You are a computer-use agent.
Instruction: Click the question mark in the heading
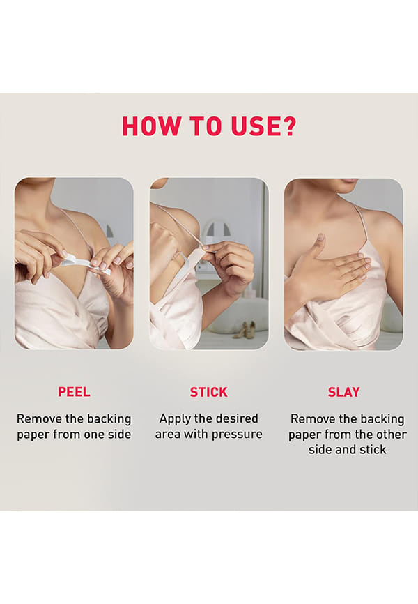288,126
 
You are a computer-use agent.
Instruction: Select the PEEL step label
74,392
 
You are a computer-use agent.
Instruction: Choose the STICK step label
208,392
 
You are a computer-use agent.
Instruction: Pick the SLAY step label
343,392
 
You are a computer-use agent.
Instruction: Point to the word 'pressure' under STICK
237,435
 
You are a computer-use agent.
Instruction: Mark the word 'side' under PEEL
119,435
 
